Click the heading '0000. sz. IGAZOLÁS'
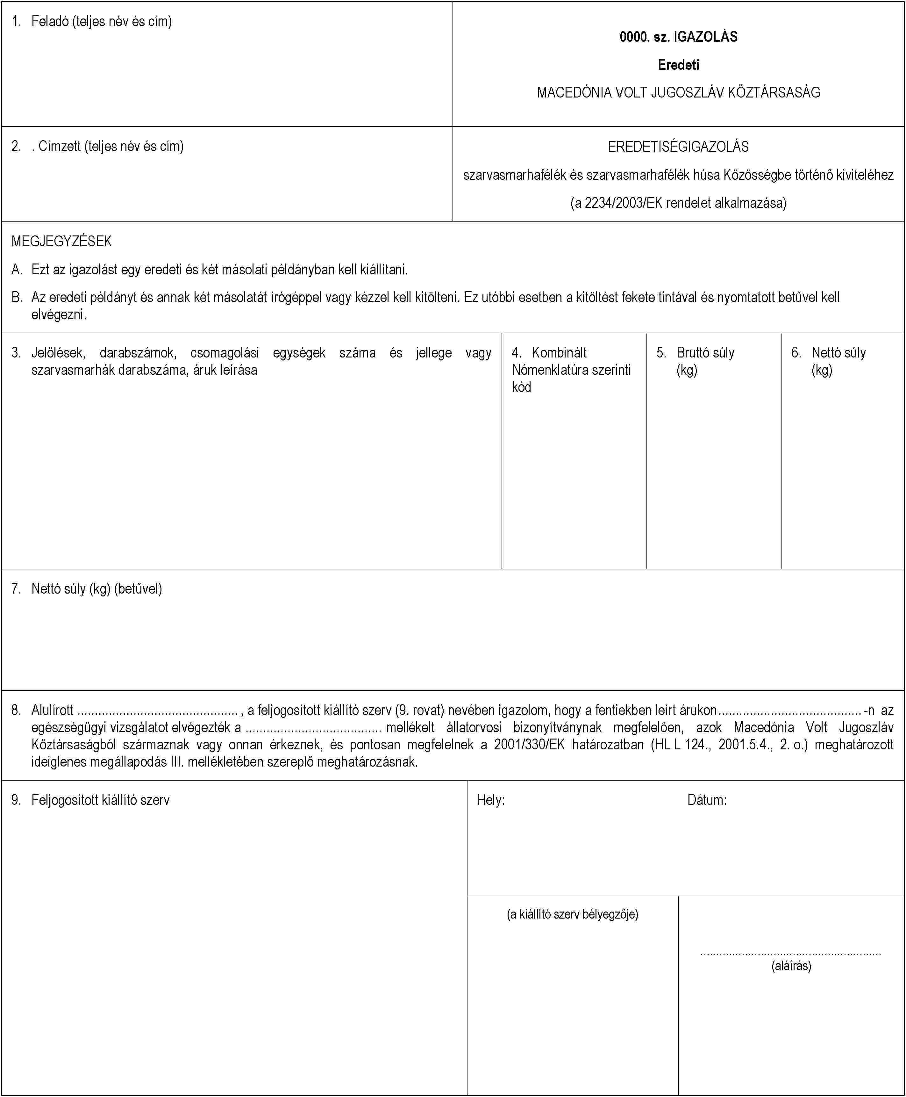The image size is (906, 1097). tap(678, 37)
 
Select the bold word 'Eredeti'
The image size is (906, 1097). tap(678, 65)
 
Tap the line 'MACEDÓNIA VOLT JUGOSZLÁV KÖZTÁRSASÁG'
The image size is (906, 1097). tap(678, 92)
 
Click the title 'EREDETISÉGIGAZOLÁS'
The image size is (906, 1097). tap(678, 147)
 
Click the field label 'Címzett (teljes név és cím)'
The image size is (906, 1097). tap(111, 146)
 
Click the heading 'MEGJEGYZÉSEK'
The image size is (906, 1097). tap(61, 241)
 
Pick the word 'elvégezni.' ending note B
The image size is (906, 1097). tap(59, 314)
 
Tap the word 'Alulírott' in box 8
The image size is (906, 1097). tap(52, 710)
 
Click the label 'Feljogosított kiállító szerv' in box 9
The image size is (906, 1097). tap(100, 800)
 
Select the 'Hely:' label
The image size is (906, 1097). tap(490, 800)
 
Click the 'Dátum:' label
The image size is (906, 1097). tap(707, 800)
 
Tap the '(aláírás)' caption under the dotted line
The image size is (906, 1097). tap(791, 966)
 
